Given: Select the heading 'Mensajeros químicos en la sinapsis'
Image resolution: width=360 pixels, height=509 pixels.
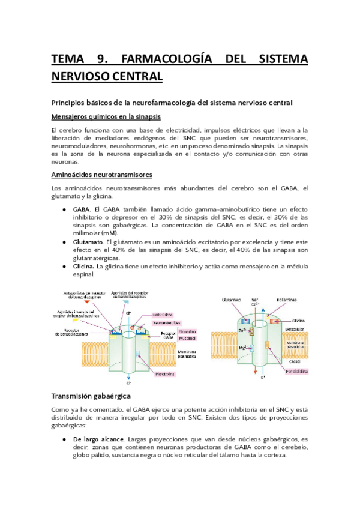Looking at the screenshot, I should (x=109, y=116).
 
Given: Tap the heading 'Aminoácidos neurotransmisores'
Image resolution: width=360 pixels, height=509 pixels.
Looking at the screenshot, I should (x=102, y=175).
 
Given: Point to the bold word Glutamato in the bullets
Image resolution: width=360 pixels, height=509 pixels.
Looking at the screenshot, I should (x=88, y=241).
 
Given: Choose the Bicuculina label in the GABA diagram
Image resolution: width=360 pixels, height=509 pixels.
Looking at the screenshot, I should (x=172, y=331).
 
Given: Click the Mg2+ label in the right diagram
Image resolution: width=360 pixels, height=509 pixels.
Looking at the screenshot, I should (x=242, y=347).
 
